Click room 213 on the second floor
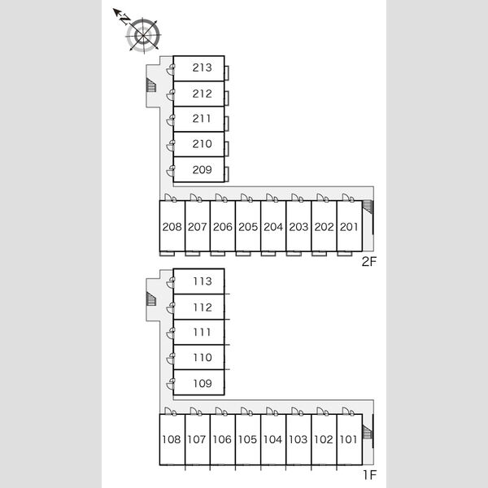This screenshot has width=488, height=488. [x=198, y=68]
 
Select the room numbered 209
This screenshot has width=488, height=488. [x=198, y=170]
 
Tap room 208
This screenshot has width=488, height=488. [x=172, y=226]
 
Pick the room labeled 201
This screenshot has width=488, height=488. [x=349, y=226]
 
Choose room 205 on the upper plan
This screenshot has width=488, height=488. [x=248, y=226]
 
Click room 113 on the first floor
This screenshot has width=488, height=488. [x=198, y=281]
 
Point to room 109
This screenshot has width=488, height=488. [x=198, y=382]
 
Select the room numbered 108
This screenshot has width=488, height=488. [x=172, y=439]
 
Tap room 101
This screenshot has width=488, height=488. [x=349, y=439]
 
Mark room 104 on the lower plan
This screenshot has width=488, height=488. [x=273, y=439]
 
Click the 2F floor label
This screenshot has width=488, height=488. [x=369, y=262]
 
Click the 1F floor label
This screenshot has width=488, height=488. [x=370, y=475]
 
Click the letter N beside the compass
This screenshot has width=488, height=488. [x=125, y=20]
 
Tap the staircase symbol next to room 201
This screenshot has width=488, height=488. [x=368, y=207]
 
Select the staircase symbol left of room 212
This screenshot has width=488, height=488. [x=151, y=85]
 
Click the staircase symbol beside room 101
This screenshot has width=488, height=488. [x=368, y=433]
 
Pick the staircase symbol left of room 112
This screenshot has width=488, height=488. [x=151, y=299]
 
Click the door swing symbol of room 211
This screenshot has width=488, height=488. [x=170, y=120]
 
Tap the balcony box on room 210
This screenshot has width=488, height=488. [x=227, y=149]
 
